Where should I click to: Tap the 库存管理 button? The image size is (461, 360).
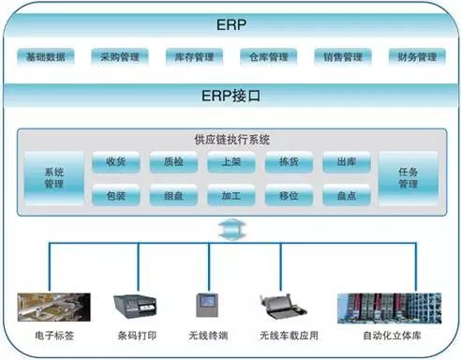[194, 57]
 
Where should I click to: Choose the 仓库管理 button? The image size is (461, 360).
[267, 57]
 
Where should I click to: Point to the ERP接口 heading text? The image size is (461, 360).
[230, 96]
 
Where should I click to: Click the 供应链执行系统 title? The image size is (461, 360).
[230, 140]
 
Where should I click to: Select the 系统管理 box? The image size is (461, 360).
[53, 178]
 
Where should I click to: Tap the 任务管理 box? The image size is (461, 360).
[408, 178]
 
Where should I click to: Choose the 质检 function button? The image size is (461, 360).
[173, 162]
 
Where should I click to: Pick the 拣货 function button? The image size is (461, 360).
[289, 162]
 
